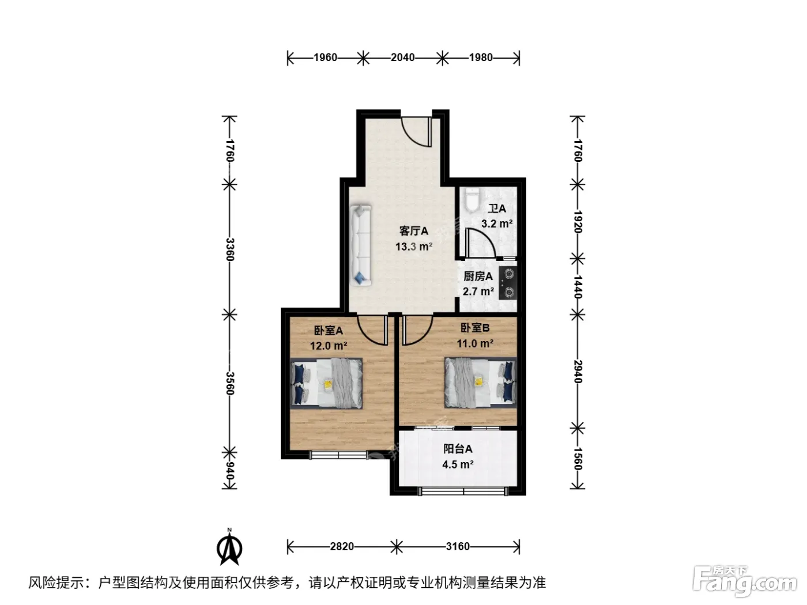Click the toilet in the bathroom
click(x=470, y=200)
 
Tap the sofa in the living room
click(x=361, y=245)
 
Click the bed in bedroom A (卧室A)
click(x=326, y=384)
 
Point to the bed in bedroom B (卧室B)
click(x=481, y=383)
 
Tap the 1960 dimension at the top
click(x=325, y=58)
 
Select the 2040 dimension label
click(x=402, y=58)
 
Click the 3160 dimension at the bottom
click(x=458, y=547)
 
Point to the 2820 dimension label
click(x=342, y=547)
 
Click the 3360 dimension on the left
click(x=230, y=249)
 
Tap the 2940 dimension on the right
click(x=578, y=372)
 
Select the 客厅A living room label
click(x=414, y=231)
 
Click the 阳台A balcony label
click(x=458, y=448)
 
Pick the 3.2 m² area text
click(x=497, y=224)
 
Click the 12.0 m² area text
click(x=329, y=346)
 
